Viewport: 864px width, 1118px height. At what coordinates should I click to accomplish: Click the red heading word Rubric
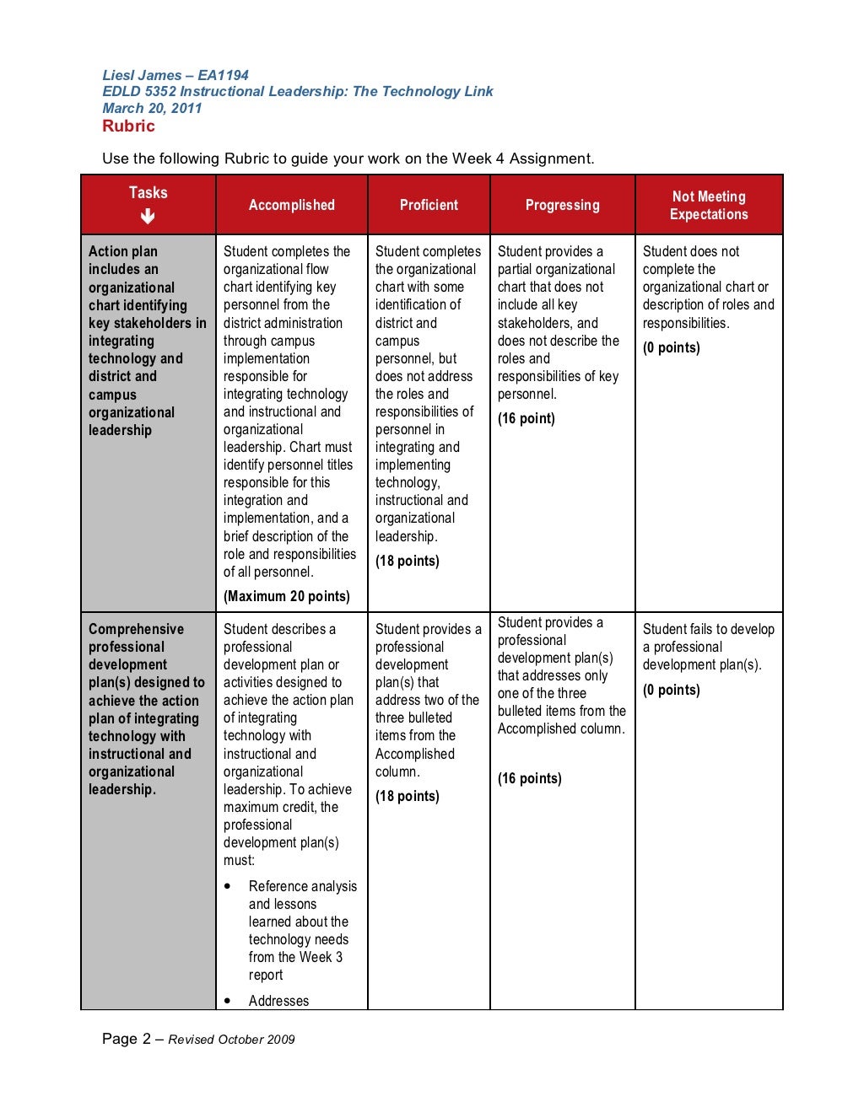click(128, 126)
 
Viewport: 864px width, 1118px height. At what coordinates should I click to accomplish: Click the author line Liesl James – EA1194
click(175, 75)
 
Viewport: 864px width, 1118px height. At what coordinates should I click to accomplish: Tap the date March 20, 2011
click(152, 108)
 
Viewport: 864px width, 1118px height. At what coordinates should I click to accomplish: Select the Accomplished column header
click(291, 205)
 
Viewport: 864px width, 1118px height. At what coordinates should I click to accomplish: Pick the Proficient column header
click(429, 205)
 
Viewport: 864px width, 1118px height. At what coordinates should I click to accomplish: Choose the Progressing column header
click(562, 205)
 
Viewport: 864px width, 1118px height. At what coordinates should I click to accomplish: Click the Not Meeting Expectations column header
click(709, 205)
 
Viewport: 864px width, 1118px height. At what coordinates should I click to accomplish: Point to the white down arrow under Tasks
click(148, 217)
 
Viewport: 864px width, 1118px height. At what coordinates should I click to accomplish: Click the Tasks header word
click(148, 192)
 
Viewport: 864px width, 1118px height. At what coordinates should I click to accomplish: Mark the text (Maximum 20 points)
click(286, 596)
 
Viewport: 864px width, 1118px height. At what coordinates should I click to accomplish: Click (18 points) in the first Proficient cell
click(407, 561)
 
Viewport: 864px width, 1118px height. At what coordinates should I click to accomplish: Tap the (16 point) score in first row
click(526, 418)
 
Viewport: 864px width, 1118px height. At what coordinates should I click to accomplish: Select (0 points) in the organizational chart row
click(671, 347)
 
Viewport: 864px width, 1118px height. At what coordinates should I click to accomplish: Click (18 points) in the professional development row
click(407, 796)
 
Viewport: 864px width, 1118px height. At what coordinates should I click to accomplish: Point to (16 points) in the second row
click(529, 778)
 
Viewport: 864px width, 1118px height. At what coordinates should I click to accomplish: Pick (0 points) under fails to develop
click(671, 690)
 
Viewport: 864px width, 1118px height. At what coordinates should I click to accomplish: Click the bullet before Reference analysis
click(229, 886)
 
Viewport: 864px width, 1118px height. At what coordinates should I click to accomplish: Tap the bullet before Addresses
click(229, 1001)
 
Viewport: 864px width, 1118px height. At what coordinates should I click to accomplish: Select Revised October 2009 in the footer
click(231, 1040)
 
